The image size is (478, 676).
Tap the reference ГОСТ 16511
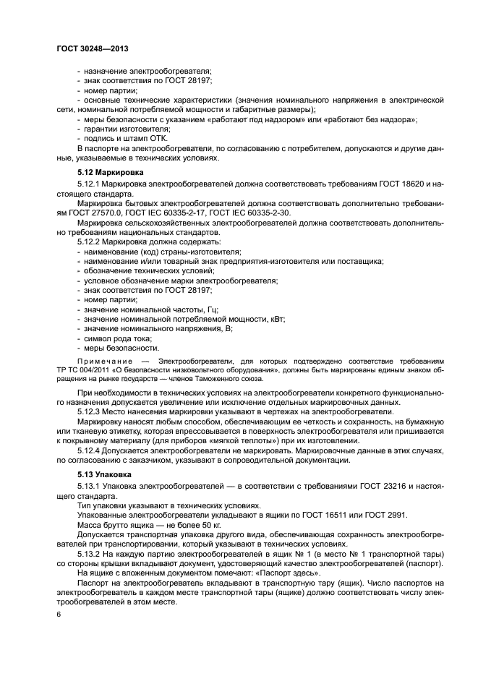pos(321,515)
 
